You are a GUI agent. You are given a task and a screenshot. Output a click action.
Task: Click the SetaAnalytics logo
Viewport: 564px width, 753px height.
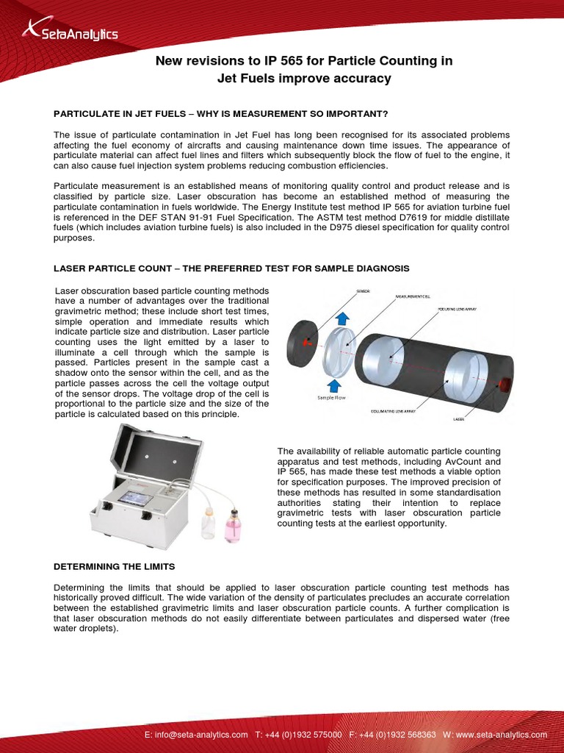click(x=70, y=31)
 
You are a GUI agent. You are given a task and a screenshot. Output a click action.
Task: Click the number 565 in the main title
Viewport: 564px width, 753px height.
click(x=277, y=61)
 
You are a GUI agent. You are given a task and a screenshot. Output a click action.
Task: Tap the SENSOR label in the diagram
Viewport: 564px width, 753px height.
click(x=363, y=292)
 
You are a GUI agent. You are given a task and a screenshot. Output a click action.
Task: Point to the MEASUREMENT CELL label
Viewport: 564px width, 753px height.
click(x=413, y=296)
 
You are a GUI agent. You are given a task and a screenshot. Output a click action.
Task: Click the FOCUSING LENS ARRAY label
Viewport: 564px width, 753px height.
click(x=457, y=310)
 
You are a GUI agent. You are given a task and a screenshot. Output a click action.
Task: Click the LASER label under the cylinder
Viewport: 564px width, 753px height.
click(x=458, y=419)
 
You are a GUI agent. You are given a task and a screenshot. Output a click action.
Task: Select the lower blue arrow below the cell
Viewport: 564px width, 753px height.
click(x=334, y=384)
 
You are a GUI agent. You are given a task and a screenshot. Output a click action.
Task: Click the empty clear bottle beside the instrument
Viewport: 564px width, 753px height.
click(x=209, y=523)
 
